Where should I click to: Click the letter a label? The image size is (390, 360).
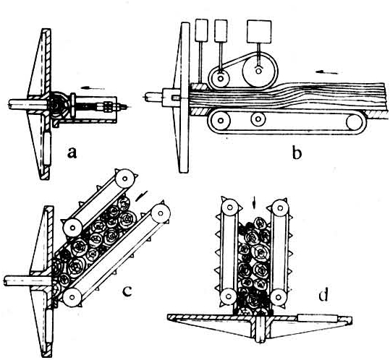[x=72, y=153]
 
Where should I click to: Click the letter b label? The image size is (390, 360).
[x=297, y=152]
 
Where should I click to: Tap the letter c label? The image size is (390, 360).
[x=127, y=291]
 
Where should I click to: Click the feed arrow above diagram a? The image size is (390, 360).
[x=93, y=88]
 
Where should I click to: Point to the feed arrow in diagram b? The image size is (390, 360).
[x=327, y=72]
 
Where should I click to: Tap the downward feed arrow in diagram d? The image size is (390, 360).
[x=254, y=203]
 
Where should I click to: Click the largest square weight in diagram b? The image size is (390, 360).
[x=259, y=31]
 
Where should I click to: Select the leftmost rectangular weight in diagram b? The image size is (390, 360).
[x=201, y=30]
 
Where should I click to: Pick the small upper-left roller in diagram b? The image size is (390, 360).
[x=220, y=79]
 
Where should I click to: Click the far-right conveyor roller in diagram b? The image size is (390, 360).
[x=355, y=122]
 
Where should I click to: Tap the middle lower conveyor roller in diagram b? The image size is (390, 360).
[x=258, y=119]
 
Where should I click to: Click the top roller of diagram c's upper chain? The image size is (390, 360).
[x=125, y=178]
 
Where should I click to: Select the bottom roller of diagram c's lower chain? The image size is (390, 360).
[x=72, y=297]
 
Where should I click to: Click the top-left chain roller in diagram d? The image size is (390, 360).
[x=230, y=207]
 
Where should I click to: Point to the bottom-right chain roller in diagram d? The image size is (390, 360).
[x=279, y=297]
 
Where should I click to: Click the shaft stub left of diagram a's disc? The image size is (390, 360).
[x=27, y=104]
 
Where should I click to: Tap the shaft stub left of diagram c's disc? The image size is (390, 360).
[x=27, y=281]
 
